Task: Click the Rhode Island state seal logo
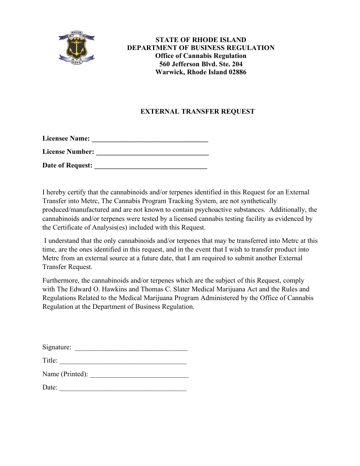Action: [77, 47]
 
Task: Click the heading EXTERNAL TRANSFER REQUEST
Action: [197, 111]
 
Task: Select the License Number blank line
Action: [152, 153]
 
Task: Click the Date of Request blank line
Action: [150, 166]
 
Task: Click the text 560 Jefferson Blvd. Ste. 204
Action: [201, 64]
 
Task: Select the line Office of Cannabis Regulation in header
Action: [201, 56]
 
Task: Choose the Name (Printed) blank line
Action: [139, 375]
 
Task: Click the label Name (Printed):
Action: [65, 374]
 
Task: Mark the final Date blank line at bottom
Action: [123, 388]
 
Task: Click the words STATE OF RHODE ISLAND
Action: [201, 40]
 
